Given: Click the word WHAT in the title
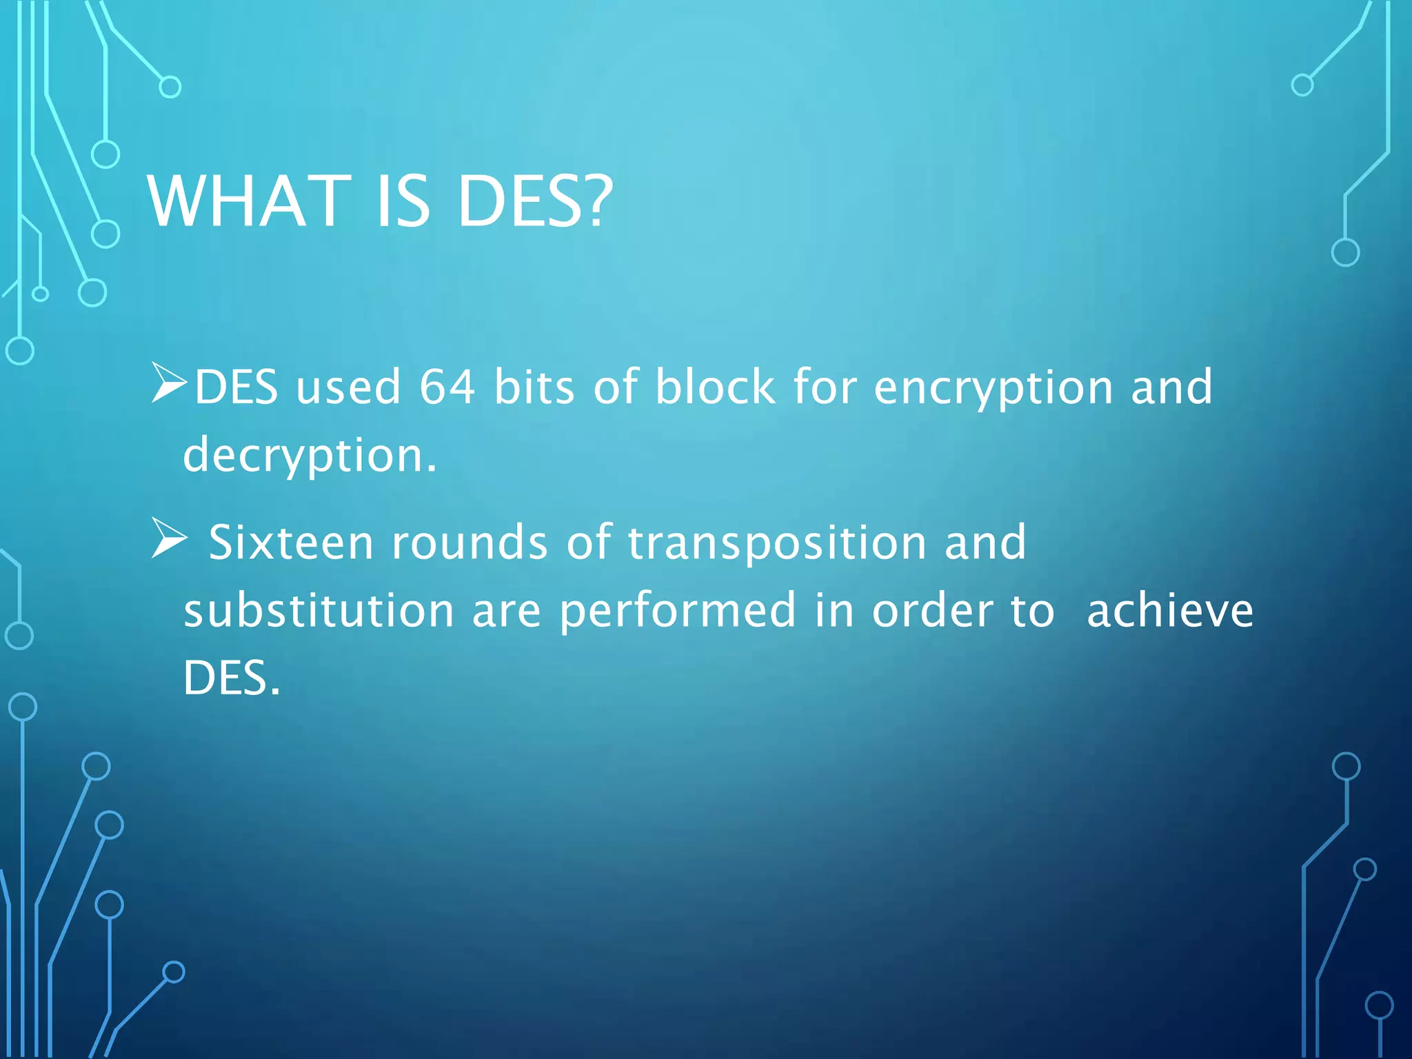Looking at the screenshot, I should click(249, 201).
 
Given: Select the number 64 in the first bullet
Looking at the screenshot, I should click(447, 386).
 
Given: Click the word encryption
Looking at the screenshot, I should click(993, 387).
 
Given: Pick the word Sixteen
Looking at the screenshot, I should click(291, 543).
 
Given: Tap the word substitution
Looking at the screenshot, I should click(319, 611).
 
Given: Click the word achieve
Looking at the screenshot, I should click(1170, 611).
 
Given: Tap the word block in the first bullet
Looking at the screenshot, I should click(715, 386).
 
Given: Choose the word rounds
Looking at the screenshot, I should click(470, 543).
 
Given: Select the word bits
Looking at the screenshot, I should click(534, 386).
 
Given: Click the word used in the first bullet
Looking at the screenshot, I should click(348, 386).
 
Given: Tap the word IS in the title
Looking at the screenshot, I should click(403, 201).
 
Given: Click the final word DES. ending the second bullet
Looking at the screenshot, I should click(232, 678).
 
